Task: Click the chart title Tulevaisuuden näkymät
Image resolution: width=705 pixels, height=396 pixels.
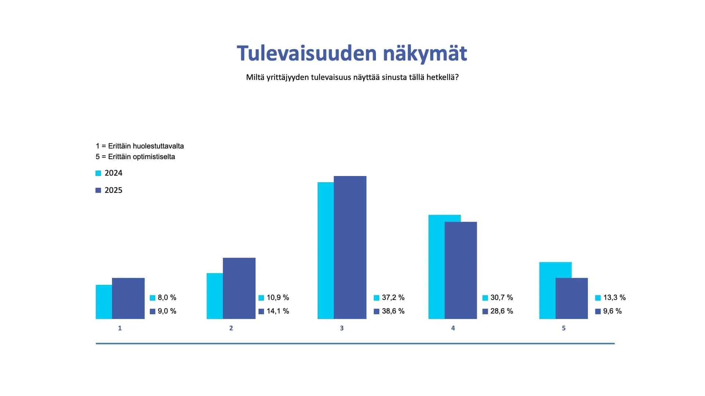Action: (352, 54)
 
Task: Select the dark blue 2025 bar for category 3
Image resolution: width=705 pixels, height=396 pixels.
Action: (350, 247)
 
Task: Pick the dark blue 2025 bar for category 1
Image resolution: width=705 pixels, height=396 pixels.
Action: (128, 298)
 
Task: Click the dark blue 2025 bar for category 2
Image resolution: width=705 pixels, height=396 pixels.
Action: (239, 288)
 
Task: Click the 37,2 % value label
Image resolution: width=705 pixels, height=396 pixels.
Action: (393, 297)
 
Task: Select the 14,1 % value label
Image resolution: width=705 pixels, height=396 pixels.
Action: (278, 311)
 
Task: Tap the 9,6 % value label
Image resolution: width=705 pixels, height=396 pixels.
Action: (612, 311)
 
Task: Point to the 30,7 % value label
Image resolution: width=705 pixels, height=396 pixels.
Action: (502, 297)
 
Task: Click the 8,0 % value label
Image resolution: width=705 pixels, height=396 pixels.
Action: (167, 297)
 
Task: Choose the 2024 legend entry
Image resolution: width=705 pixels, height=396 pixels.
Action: (109, 173)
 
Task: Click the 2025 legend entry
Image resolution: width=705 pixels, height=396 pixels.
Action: (109, 190)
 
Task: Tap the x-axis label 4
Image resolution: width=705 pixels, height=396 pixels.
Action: (453, 328)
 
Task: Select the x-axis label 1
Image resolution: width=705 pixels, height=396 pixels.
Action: (120, 328)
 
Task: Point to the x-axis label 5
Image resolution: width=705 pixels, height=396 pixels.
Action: (564, 328)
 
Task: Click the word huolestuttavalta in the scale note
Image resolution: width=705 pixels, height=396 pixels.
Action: (158, 146)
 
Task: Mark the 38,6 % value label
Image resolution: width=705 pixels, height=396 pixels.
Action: (393, 311)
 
